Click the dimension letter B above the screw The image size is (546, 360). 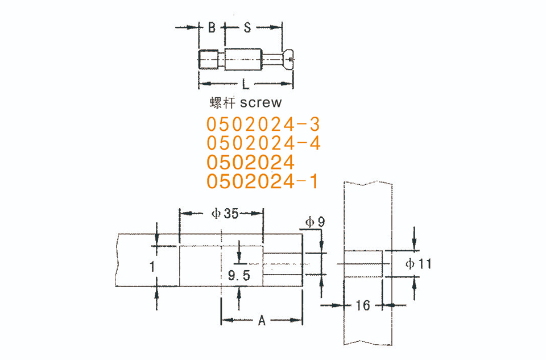[212, 27]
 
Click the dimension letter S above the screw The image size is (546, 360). [247, 27]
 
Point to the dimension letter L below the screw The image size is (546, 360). [246, 84]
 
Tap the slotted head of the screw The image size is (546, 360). [288, 60]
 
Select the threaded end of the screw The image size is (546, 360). [208, 60]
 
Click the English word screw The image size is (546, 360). [261, 103]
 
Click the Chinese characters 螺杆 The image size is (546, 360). [223, 103]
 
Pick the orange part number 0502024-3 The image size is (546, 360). [263, 125]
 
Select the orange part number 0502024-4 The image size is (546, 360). [263, 143]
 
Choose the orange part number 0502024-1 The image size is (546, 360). [262, 181]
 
